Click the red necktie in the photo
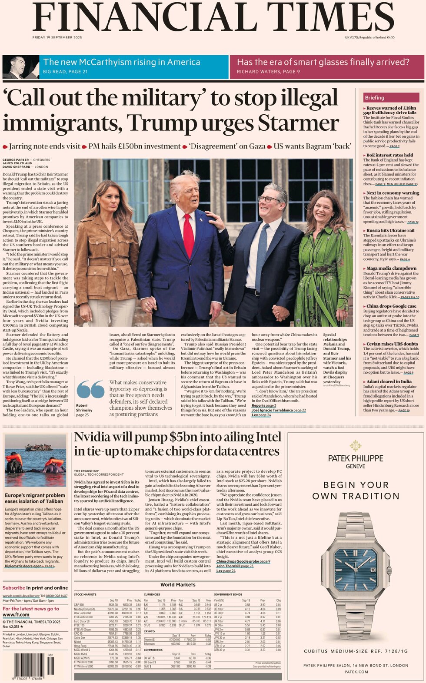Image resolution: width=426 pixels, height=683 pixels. pyautogui.click(x=188, y=235)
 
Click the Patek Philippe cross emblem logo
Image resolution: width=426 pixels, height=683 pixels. pyautogui.click(x=356, y=445)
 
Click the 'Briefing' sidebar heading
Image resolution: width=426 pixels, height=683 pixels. pyautogui.click(x=374, y=98)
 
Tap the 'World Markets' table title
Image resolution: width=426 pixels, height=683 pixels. pyautogui.click(x=178, y=584)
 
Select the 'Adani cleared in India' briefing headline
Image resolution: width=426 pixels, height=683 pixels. pyautogui.click(x=389, y=381)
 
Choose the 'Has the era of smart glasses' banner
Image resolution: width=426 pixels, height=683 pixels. pyautogui.click(x=327, y=66)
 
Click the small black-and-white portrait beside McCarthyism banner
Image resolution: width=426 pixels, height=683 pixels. pyautogui.click(x=20, y=67)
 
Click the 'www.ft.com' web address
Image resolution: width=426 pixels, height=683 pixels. pyautogui.click(x=16, y=615)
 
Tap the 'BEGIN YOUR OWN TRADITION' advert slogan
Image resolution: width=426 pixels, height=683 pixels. pyautogui.click(x=356, y=490)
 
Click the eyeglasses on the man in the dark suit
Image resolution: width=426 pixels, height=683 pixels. pyautogui.click(x=269, y=199)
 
